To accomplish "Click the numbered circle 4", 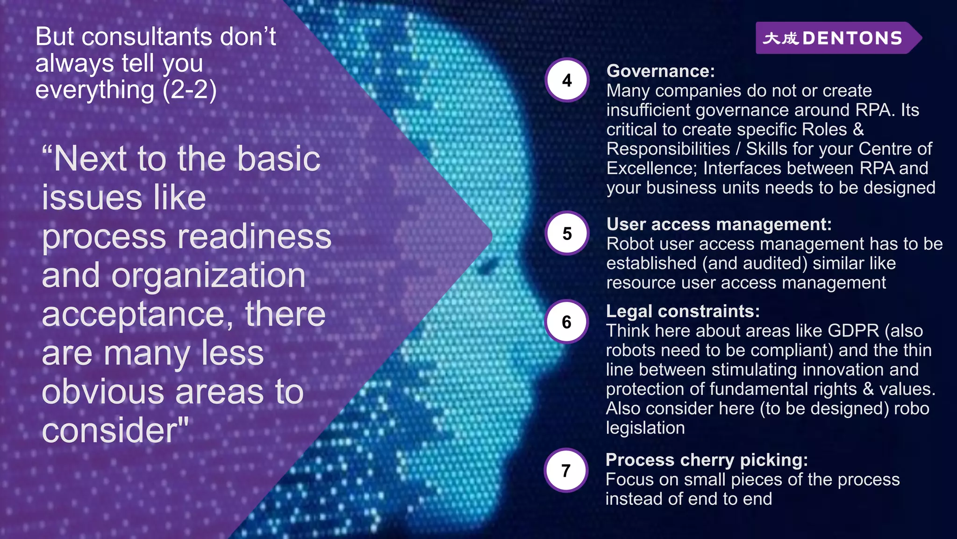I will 567,80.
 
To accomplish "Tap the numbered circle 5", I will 567,233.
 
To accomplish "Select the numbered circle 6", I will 566,322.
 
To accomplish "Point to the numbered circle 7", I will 566,470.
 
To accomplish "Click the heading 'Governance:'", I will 660,71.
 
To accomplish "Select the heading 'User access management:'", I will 719,224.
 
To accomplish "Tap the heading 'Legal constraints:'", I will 683,311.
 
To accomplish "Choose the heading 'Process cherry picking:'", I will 707,460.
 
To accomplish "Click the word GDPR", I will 853,331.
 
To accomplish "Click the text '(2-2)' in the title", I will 189,89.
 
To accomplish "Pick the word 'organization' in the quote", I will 208,275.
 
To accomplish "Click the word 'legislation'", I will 645,428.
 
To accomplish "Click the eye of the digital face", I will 486,266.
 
